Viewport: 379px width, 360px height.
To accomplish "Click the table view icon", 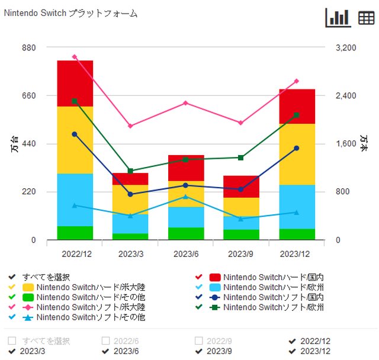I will click(367, 18).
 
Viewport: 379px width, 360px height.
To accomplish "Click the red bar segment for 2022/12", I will click(75, 83).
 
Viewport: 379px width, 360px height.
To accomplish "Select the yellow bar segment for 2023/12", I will click(297, 154).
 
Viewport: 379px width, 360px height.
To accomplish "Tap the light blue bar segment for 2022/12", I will click(75, 200).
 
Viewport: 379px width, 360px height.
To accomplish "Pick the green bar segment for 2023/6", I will click(186, 233).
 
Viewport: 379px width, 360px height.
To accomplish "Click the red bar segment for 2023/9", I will click(241, 187).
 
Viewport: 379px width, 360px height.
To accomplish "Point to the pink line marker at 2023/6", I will click(185, 103).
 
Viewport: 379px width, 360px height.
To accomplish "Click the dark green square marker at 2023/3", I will click(130, 171).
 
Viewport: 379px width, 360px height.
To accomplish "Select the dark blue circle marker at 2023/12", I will click(297, 148).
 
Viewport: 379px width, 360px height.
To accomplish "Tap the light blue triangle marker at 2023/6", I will click(185, 197).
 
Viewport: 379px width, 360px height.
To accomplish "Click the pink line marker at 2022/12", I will click(75, 57).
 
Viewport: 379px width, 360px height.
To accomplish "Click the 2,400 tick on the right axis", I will click(346, 95).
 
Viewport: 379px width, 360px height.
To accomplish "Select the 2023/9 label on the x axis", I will click(241, 253).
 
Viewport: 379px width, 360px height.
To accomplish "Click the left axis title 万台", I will click(14, 144).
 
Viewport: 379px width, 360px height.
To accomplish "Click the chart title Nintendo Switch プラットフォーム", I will click(70, 13).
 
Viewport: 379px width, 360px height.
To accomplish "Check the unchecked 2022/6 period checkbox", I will click(105, 341).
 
